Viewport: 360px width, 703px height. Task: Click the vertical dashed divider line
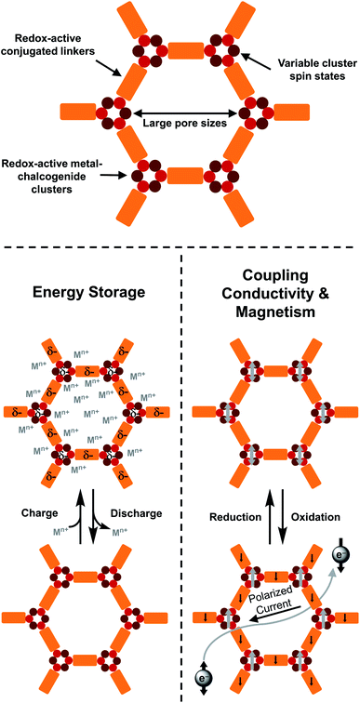[x=180, y=465]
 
